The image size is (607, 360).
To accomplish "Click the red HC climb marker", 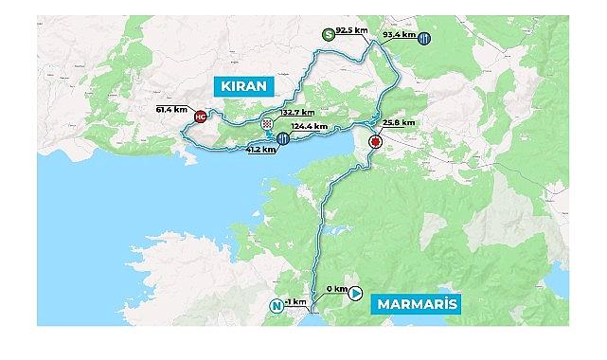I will pos(200,117).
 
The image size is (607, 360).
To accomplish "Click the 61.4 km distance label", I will pos(173,109).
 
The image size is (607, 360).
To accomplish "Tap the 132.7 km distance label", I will pos(297,112).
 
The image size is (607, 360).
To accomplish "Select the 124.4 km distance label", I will pos(310,125).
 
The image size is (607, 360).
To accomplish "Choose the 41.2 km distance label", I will pos(260,149).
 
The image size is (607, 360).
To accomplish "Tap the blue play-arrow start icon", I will pos(356,294).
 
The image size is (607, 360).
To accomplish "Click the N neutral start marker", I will pos(277,305).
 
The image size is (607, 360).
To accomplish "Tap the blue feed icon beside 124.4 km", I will pos(283,139).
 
